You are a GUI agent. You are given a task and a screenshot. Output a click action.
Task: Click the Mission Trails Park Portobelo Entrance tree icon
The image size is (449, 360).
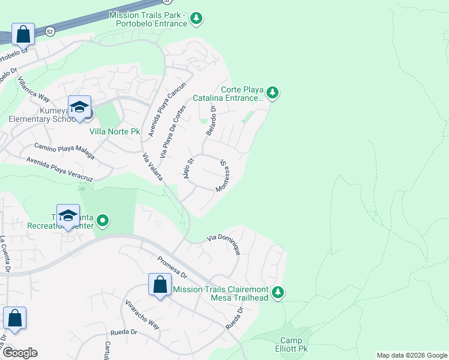[x=196, y=19]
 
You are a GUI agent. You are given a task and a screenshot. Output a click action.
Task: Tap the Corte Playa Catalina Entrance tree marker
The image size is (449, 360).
[x=273, y=92]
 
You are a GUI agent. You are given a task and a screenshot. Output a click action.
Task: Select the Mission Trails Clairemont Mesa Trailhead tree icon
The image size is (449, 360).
[x=277, y=292]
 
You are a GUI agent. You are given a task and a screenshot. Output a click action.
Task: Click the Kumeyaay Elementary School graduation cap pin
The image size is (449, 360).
[x=79, y=108]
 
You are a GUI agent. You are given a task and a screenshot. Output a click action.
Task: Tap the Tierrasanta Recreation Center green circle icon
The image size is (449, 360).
[x=103, y=221]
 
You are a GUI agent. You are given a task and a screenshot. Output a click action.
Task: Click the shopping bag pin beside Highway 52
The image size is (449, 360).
[x=23, y=34]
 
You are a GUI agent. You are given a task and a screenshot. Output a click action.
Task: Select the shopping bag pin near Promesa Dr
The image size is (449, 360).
[x=160, y=285]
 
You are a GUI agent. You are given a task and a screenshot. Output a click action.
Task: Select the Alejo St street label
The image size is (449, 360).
[x=185, y=169]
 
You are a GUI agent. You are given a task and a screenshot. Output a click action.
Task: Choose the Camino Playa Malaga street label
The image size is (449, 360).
[x=64, y=150]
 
